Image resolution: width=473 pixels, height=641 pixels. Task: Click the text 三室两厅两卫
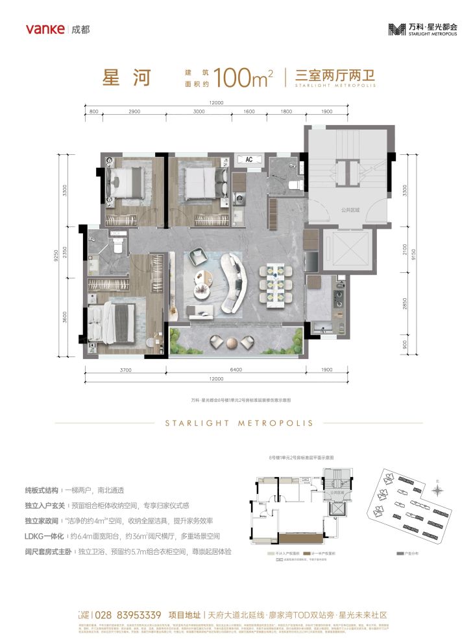[335, 75]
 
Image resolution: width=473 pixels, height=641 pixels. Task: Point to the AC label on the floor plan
[249, 158]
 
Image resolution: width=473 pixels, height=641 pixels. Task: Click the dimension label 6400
[235, 370]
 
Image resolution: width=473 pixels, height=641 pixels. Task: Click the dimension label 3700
[126, 370]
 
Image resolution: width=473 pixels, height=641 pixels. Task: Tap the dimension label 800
[94, 112]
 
